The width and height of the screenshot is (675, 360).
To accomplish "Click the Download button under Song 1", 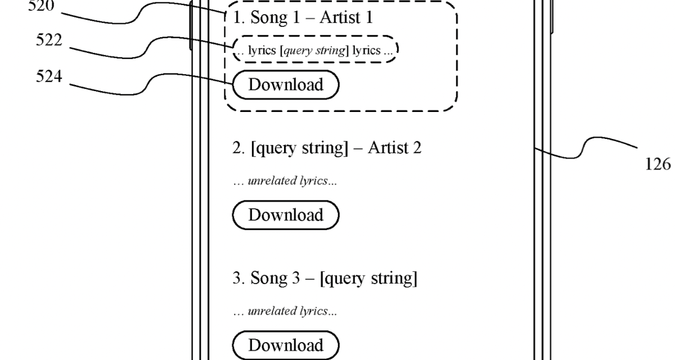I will click(x=286, y=85).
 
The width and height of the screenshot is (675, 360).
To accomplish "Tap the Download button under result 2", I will click(x=286, y=215).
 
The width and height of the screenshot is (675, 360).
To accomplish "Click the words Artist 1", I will click(x=345, y=18).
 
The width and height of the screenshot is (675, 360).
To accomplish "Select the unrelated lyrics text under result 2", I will click(x=285, y=181).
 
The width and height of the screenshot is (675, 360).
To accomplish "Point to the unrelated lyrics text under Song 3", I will click(x=285, y=311).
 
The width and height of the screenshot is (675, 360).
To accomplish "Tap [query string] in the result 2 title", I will click(x=299, y=148).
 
